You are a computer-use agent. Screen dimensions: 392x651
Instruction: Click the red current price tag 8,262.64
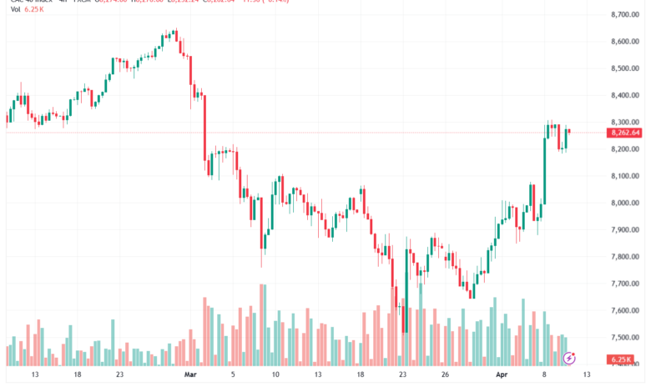(625, 133)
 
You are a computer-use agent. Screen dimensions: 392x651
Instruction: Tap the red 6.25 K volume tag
(623, 359)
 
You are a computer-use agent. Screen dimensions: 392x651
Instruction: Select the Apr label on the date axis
(502, 376)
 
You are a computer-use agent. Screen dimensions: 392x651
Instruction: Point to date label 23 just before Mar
(120, 376)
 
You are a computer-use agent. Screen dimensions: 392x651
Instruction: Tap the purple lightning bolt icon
(570, 358)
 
